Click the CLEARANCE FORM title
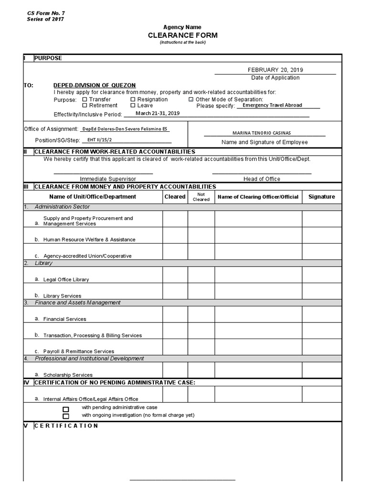point(183,35)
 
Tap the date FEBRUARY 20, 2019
point(275,70)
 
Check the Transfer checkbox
point(85,99)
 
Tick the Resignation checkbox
point(133,99)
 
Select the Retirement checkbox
point(85,106)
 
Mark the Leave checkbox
point(133,106)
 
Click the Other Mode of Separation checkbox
point(191,99)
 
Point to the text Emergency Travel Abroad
point(272,106)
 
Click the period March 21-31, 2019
point(158,114)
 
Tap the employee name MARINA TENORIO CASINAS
point(265,133)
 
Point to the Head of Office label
point(262,179)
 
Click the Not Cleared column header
point(201,197)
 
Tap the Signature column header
point(322,197)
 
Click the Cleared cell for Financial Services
point(175,315)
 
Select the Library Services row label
point(62,296)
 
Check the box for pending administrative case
point(66,409)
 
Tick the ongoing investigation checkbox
point(66,416)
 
